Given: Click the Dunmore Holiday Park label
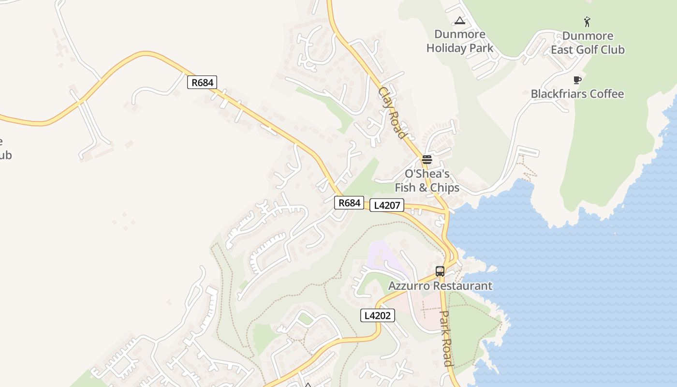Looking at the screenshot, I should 460,41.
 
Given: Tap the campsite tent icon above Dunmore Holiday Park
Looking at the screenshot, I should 459,20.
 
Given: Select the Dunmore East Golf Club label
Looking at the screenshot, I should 588,43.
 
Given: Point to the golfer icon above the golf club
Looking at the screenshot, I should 587,22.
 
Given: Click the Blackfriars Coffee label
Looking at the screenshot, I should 577,94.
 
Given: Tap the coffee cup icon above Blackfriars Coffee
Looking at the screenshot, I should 577,80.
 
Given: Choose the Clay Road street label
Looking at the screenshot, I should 392,112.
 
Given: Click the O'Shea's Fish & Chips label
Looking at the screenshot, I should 427,180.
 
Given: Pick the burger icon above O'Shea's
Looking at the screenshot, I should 427,159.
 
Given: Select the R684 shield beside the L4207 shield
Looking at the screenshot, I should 349,203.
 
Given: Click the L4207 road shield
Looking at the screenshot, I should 387,205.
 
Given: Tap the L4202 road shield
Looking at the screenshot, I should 378,316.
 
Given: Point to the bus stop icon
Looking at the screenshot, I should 440,271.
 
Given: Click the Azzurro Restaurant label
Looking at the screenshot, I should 440,286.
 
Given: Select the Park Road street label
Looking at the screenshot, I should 446,338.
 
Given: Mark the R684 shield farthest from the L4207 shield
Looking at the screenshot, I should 202,82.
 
